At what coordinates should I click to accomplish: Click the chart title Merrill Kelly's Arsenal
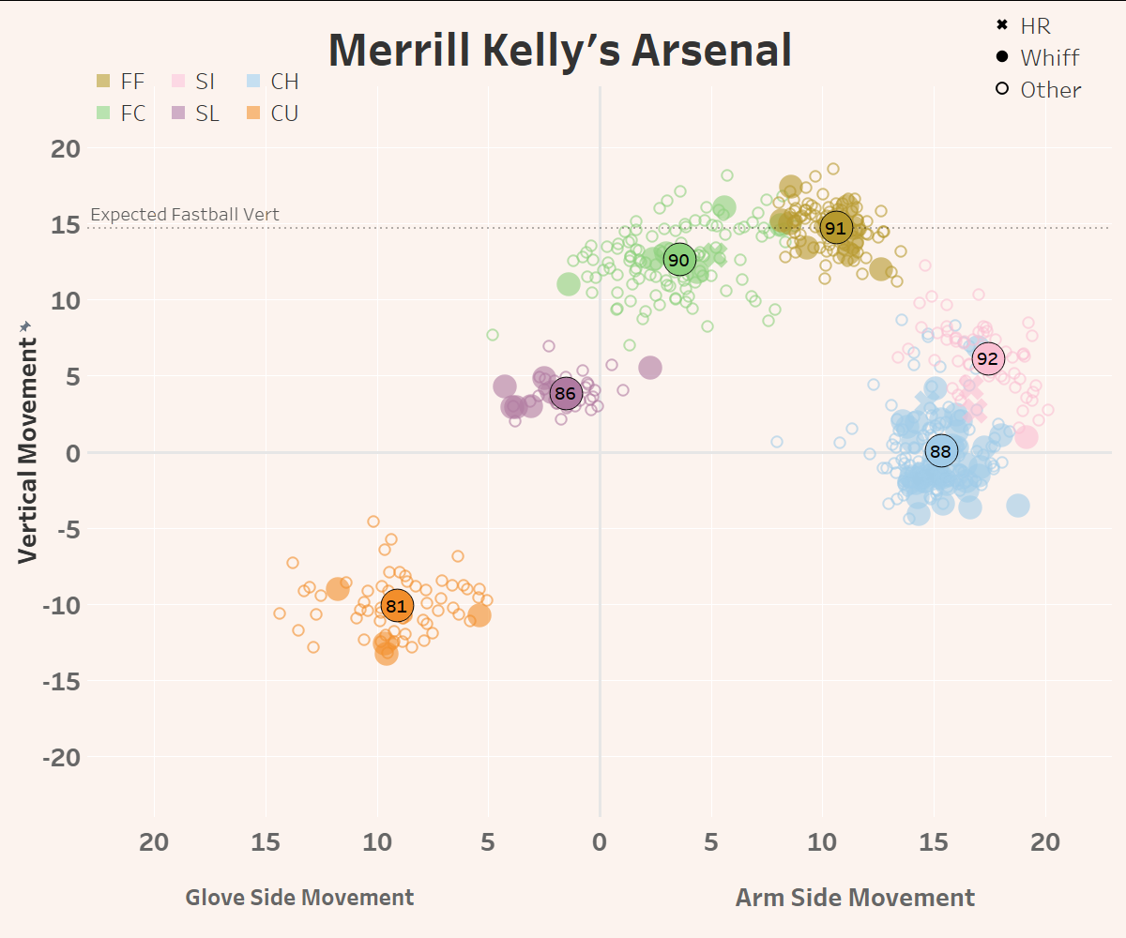tap(560, 51)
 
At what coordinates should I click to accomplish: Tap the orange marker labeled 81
tap(397, 606)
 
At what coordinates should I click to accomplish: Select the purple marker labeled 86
tap(565, 394)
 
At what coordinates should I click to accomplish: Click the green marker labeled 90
tap(678, 259)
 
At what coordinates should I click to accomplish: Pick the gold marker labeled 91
tap(835, 228)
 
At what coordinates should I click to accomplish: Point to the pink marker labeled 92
tap(987, 358)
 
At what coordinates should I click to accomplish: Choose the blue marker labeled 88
tap(940, 451)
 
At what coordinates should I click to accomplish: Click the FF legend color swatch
tap(104, 82)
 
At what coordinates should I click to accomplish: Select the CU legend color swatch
tap(254, 113)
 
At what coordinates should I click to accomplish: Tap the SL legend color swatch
tap(179, 113)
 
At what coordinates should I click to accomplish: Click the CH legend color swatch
tap(254, 82)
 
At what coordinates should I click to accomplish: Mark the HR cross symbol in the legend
tap(1002, 25)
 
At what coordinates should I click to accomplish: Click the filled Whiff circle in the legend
tap(1002, 57)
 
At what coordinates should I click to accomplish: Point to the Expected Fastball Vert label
tap(184, 215)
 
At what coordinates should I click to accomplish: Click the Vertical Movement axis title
tap(28, 441)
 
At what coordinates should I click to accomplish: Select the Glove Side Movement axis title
tap(299, 898)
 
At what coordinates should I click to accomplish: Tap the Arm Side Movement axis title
tap(855, 898)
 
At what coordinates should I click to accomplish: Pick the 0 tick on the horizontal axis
tap(600, 841)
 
